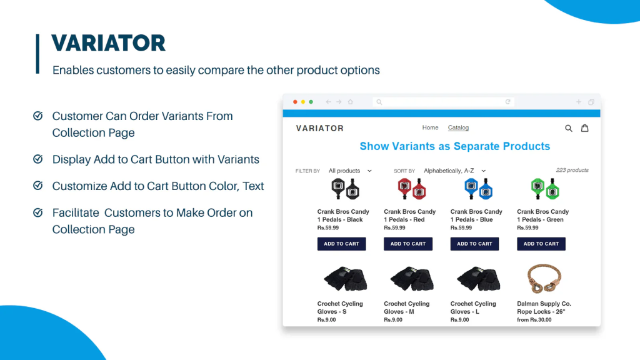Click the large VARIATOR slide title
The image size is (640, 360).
pos(109,43)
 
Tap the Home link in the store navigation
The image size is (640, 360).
pos(430,127)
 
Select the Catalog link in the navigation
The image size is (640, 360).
pos(458,127)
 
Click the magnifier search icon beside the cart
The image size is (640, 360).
pos(569,128)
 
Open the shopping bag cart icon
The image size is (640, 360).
pos(585,128)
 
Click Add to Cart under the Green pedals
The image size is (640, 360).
pos(541,244)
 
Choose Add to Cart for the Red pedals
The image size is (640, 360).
pos(408,244)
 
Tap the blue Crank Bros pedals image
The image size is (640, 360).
pos(478,189)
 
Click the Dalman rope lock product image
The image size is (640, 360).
pos(544,279)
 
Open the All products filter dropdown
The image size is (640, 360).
pos(350,171)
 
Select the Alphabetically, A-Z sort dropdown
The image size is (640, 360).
pos(455,171)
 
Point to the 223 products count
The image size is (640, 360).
pos(572,170)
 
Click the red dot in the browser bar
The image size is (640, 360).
pos(295,102)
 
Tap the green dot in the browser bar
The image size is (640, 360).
pos(311,102)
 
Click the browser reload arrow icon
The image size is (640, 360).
pos(507,102)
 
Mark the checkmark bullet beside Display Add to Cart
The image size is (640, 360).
pos(38,159)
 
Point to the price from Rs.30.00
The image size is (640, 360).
pos(534,319)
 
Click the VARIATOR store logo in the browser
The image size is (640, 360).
pos(320,129)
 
